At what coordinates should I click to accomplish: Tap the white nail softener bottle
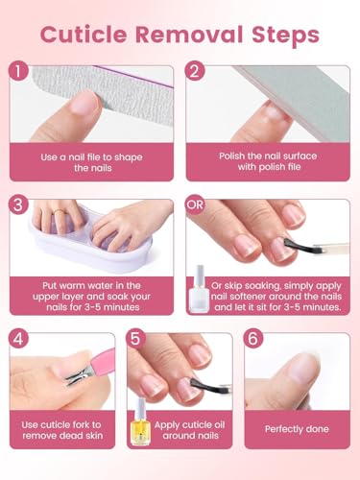click(x=204, y=280)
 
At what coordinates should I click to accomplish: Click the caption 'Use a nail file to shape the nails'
click(x=94, y=161)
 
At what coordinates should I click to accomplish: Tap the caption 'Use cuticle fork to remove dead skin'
click(x=62, y=429)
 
